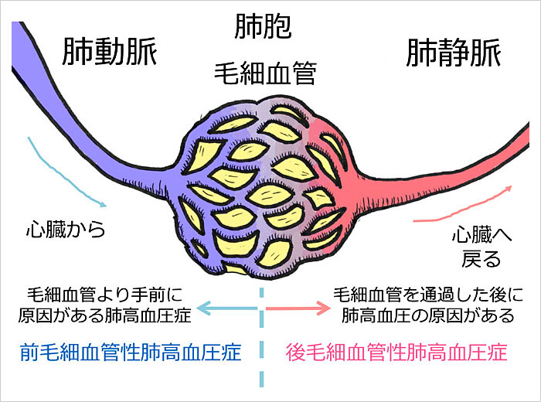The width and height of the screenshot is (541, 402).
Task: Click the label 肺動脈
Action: pyautogui.click(x=109, y=53)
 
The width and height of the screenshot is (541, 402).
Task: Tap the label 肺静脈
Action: pyautogui.click(x=453, y=53)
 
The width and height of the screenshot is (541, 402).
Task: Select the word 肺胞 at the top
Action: pyautogui.click(x=263, y=28)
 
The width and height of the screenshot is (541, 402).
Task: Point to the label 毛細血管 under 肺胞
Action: pyautogui.click(x=267, y=76)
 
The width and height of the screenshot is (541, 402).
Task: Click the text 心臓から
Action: pyautogui.click(x=65, y=230)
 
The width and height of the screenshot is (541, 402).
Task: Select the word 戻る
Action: pyautogui.click(x=481, y=256)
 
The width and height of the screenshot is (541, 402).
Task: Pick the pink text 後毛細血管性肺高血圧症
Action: pyautogui.click(x=396, y=353)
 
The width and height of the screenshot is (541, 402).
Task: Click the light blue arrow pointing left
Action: pyautogui.click(x=225, y=308)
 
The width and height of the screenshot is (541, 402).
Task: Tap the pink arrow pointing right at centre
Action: pyautogui.click(x=297, y=308)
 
